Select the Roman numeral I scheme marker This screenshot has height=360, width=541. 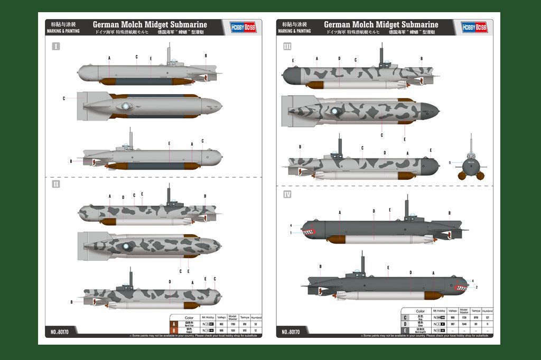[x=55, y=47]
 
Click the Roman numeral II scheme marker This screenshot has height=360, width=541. [x=55, y=184]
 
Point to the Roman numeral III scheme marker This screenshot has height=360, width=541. [x=287, y=47]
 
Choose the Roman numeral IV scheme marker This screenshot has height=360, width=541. [x=287, y=195]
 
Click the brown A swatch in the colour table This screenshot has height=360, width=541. [x=174, y=324]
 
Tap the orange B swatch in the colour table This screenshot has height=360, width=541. [x=174, y=330]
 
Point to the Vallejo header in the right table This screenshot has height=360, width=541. [x=452, y=311]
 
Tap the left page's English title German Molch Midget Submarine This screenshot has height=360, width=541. [x=150, y=24]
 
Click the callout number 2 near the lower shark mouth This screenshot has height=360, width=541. [x=476, y=287]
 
